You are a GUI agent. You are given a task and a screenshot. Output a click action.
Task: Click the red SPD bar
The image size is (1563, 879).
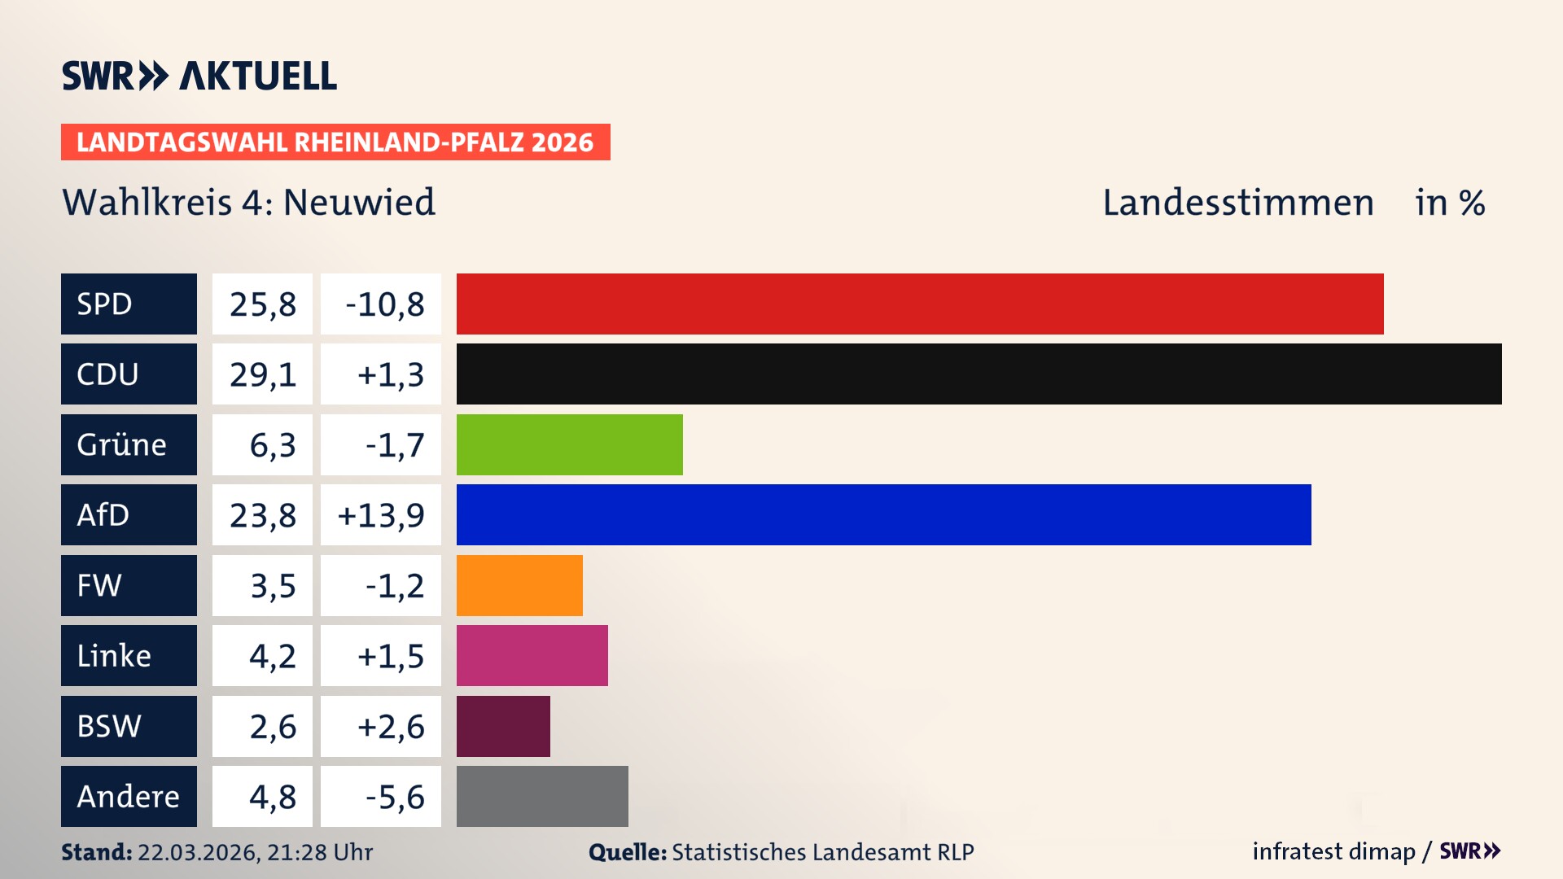(920, 304)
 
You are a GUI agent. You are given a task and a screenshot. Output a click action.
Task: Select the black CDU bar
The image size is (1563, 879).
(979, 374)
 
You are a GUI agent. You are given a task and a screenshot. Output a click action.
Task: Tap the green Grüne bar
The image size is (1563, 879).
(569, 444)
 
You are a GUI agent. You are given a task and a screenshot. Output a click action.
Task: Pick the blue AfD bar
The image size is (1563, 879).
(883, 514)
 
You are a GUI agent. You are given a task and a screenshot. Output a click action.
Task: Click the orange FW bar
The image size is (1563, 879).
(519, 585)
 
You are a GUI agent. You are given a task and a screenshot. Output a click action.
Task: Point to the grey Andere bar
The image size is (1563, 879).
(542, 796)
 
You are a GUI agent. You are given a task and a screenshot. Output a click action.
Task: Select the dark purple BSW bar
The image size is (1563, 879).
(503, 726)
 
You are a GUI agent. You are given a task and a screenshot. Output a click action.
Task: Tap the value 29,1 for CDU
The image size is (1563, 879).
(262, 374)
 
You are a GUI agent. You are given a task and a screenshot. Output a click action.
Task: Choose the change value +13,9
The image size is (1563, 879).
(381, 515)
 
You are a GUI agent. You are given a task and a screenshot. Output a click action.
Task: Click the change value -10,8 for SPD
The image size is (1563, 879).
(384, 304)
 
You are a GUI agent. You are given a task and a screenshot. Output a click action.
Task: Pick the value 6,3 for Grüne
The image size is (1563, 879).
(272, 445)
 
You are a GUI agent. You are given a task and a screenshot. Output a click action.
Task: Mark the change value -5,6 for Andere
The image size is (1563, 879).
(394, 797)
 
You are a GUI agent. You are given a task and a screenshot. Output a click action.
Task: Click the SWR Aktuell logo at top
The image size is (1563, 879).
(199, 76)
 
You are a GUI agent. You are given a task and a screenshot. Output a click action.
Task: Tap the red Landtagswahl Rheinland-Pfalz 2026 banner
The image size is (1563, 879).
(335, 142)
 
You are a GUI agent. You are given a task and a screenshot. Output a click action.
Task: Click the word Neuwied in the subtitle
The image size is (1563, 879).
(359, 202)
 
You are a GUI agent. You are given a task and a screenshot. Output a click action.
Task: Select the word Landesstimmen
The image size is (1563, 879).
(1237, 203)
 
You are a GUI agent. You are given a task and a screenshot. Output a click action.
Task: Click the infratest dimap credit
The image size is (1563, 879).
(1333, 851)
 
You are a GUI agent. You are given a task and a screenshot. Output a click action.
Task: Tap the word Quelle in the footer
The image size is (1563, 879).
(627, 852)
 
